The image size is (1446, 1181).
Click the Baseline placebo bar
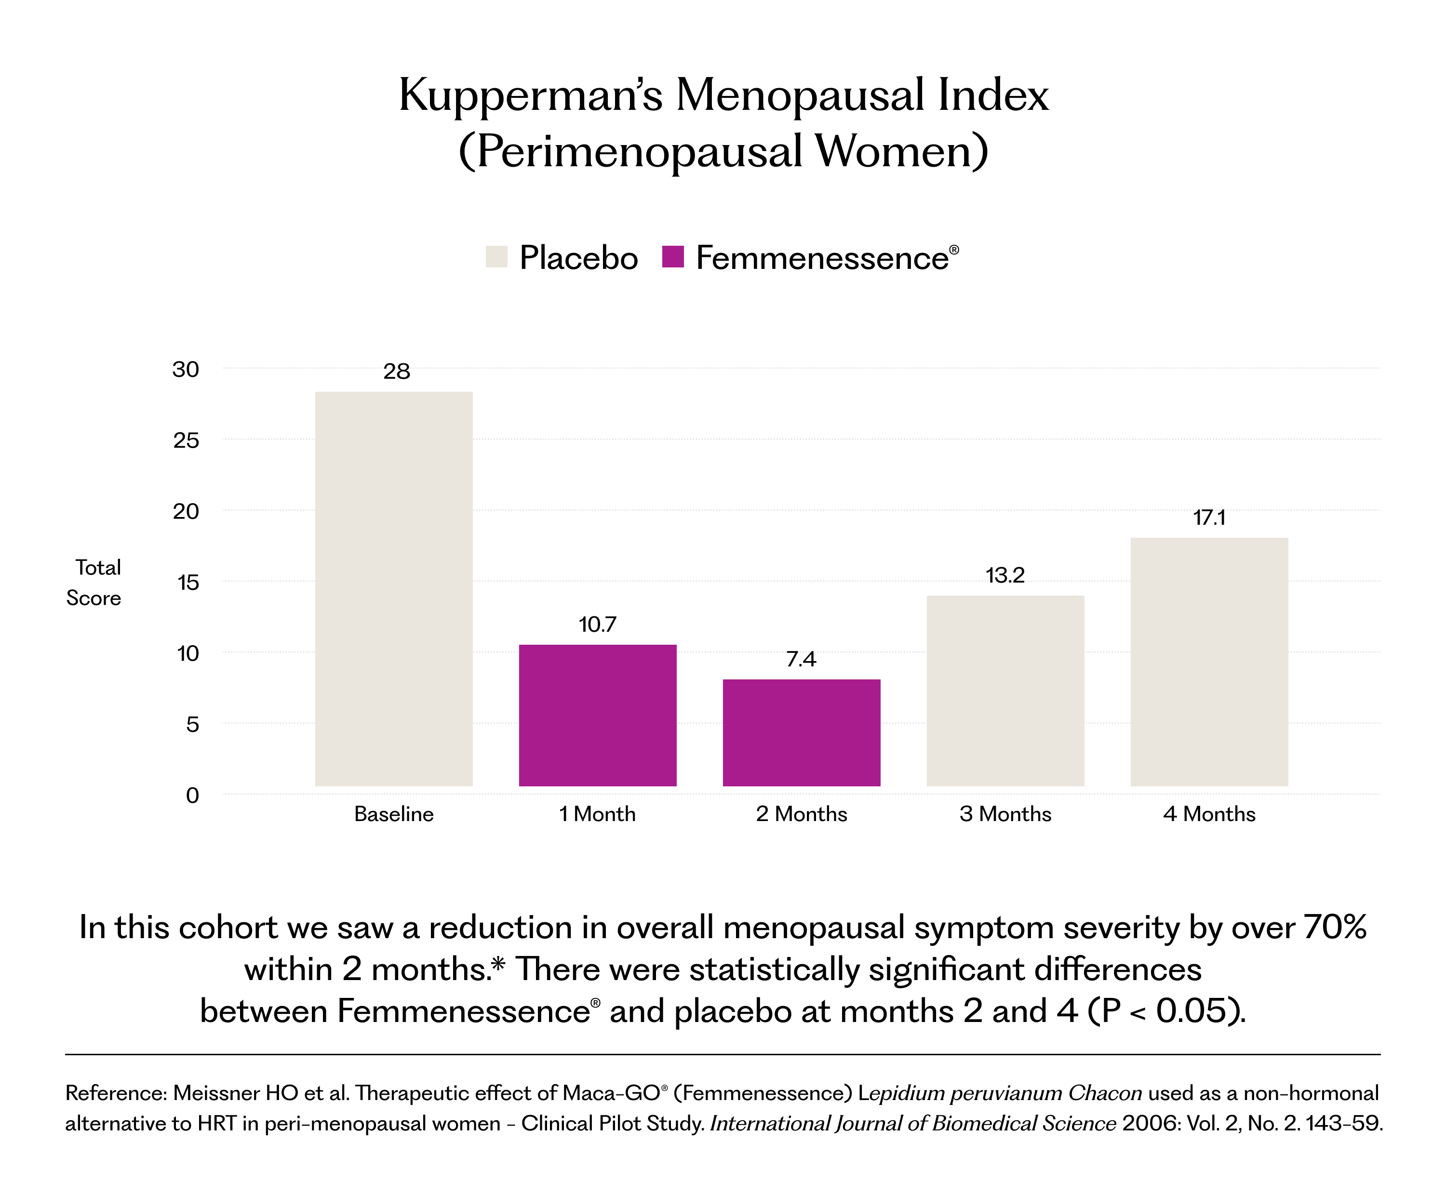[x=393, y=589]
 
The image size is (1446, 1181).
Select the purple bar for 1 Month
[x=598, y=716]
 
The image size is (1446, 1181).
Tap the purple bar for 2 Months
[x=802, y=733]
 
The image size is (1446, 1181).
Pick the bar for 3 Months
[x=1005, y=691]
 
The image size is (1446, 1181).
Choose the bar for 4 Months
[x=1209, y=662]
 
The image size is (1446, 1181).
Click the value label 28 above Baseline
[x=397, y=372]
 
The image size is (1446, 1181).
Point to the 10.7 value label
[x=598, y=624]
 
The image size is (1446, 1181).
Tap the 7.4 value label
[x=801, y=659]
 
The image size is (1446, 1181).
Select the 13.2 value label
[x=1005, y=575]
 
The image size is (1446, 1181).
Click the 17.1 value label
[x=1209, y=518]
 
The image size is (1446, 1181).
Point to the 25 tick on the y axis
[x=186, y=441]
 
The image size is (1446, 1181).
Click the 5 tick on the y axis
[x=193, y=725]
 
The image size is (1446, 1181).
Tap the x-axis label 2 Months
[x=802, y=814]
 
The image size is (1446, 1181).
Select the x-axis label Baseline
[x=394, y=814]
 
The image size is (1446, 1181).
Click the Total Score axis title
[x=94, y=583]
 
